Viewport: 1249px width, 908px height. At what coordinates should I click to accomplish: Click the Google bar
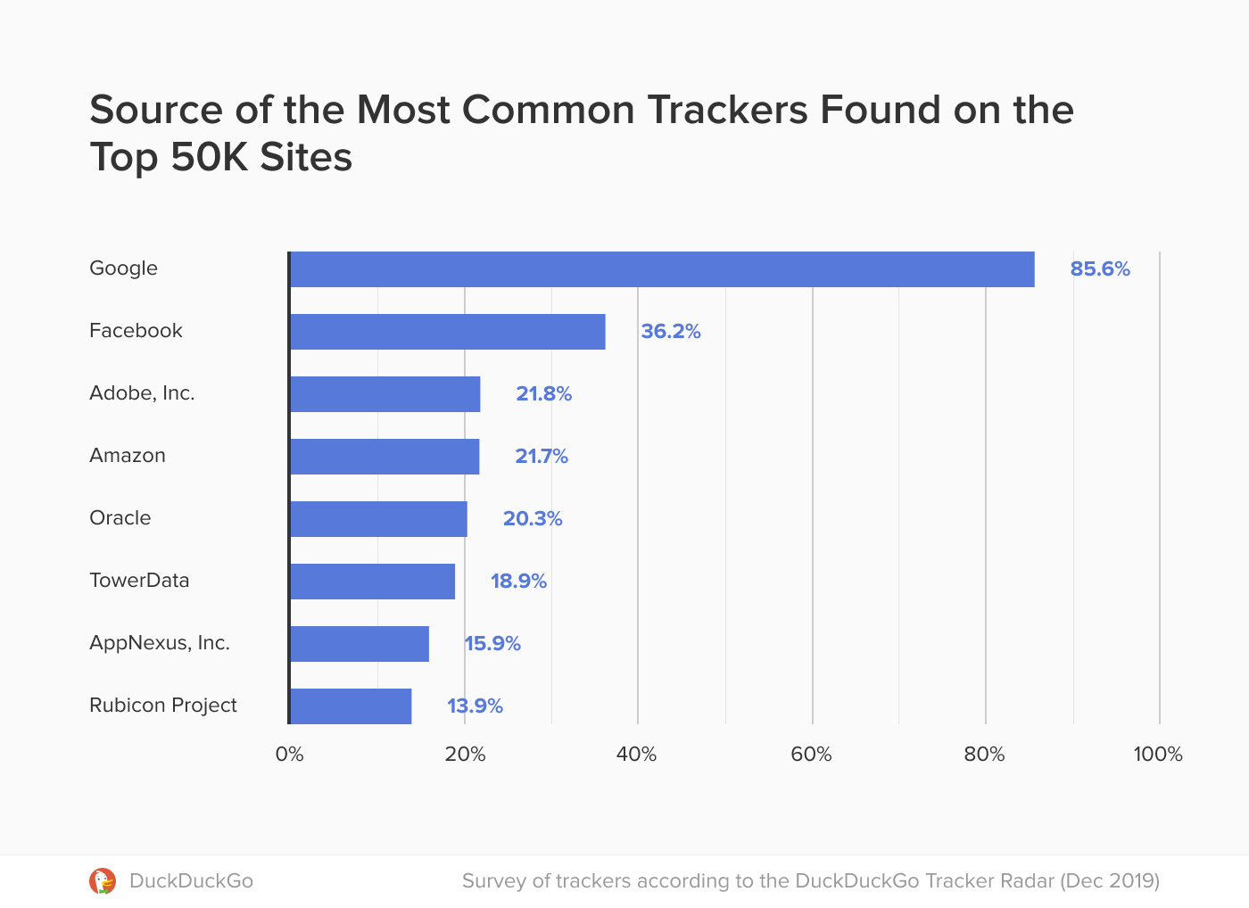(x=662, y=269)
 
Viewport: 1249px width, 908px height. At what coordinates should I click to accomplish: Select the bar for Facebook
(x=447, y=332)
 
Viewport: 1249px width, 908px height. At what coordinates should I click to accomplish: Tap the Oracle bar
(x=378, y=519)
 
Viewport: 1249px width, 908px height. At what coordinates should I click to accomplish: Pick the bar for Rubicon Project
(x=351, y=706)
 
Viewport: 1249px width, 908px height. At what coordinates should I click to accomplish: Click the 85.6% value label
(x=1100, y=269)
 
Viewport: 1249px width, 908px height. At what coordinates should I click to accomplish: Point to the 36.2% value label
(x=671, y=332)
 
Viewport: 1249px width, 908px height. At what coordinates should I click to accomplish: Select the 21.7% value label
(x=542, y=457)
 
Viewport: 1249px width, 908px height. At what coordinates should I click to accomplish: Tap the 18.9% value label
(x=518, y=582)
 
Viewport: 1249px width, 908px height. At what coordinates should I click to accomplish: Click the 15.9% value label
(x=492, y=644)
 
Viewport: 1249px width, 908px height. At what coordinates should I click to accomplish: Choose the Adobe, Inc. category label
(x=142, y=393)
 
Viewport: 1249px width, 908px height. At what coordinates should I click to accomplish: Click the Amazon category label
(x=128, y=456)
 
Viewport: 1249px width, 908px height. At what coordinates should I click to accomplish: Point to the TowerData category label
(x=139, y=581)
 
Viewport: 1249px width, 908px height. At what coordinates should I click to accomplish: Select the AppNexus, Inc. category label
(x=160, y=643)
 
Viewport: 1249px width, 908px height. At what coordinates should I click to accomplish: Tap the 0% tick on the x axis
(x=289, y=755)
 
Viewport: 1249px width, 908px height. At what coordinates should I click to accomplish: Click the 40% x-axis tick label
(x=636, y=755)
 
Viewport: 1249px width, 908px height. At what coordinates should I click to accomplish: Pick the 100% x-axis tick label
(x=1158, y=755)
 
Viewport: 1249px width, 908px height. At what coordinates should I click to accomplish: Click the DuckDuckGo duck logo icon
(x=103, y=881)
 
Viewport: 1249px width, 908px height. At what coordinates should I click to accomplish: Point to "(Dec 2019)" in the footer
(x=1109, y=881)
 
